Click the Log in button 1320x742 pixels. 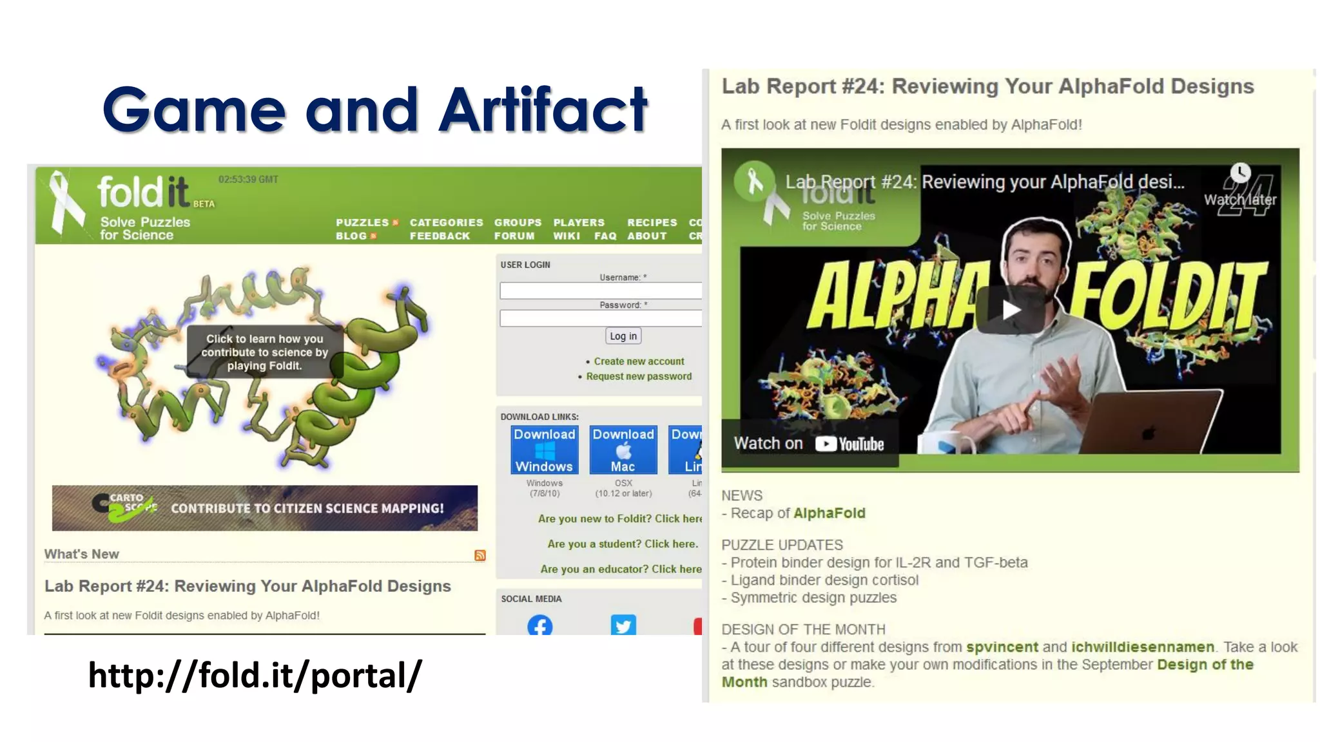(623, 336)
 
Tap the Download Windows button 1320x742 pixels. (544, 450)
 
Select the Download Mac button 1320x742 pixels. (623, 450)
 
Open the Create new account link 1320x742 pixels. (639, 361)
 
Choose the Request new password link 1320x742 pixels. (638, 376)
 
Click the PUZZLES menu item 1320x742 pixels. (362, 222)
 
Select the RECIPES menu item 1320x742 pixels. (652, 222)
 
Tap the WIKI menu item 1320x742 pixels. (567, 236)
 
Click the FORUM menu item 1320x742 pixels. (514, 236)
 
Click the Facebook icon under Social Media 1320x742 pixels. (539, 625)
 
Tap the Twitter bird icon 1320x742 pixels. (623, 625)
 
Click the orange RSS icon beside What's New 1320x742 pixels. (480, 555)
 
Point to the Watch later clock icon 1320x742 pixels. (1240, 173)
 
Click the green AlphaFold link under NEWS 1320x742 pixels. (830, 513)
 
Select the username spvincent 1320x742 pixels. (1002, 647)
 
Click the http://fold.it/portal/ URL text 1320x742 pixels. (255, 675)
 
